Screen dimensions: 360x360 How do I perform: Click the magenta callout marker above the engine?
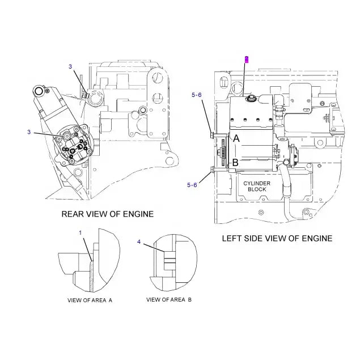(x=246, y=58)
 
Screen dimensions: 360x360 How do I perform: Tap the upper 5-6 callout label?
(x=196, y=96)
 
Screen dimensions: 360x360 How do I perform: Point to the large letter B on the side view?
(x=235, y=163)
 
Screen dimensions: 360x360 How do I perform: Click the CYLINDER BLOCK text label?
(x=259, y=187)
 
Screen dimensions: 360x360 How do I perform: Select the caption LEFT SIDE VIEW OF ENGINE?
(x=277, y=239)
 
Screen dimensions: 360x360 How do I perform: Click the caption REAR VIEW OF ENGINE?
(x=107, y=214)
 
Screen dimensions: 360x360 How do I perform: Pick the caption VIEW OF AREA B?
(x=169, y=299)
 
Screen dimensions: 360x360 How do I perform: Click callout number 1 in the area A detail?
(x=81, y=232)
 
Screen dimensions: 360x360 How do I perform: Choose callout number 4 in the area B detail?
(x=139, y=242)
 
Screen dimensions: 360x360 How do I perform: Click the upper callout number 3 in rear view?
(x=70, y=67)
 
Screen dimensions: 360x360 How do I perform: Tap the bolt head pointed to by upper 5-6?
(x=211, y=134)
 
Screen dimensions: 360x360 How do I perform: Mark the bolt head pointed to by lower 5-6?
(x=211, y=170)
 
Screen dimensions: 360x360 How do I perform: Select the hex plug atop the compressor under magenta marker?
(x=250, y=99)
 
